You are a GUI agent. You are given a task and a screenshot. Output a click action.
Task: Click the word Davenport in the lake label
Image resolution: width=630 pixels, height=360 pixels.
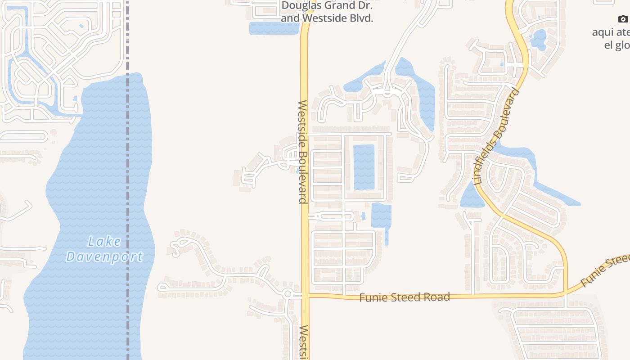pyautogui.click(x=104, y=256)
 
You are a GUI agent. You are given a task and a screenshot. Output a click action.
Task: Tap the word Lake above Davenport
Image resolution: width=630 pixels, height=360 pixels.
pyautogui.click(x=104, y=242)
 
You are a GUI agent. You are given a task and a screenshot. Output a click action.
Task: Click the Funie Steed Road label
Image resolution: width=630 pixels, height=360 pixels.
pyautogui.click(x=404, y=297)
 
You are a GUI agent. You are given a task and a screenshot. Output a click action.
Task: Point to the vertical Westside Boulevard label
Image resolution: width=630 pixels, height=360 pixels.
pyautogui.click(x=303, y=152)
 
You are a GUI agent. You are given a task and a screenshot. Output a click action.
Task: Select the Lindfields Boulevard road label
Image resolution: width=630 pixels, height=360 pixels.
pyautogui.click(x=497, y=137)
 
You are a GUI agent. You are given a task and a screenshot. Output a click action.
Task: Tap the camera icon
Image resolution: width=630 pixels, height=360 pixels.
pyautogui.click(x=623, y=19)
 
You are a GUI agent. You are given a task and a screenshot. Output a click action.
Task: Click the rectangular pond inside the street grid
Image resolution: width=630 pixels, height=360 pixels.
pyautogui.click(x=364, y=167)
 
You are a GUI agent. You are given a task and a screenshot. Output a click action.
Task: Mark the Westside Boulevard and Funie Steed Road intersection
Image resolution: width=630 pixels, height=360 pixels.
pyautogui.click(x=306, y=295)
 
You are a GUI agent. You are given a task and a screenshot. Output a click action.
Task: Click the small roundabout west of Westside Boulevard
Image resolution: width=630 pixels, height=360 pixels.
pyautogui.click(x=288, y=294)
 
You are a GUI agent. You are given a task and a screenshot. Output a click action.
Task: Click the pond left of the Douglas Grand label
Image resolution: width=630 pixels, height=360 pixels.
pyautogui.click(x=274, y=28)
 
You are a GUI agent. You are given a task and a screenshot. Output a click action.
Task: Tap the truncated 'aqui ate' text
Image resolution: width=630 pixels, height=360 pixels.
pyautogui.click(x=611, y=32)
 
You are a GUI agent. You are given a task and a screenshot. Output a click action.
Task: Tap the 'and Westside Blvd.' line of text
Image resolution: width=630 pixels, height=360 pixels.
pyautogui.click(x=327, y=18)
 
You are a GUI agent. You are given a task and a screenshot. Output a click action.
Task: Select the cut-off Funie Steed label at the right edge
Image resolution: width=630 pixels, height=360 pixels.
pyautogui.click(x=606, y=270)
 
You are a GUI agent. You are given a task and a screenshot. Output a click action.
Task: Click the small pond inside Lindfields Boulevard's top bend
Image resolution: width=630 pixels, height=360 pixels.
pyautogui.click(x=538, y=40)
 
